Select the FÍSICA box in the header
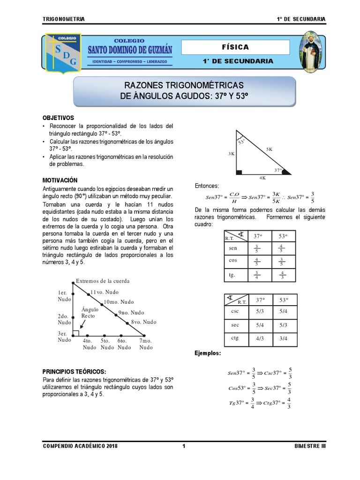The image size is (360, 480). tap(235, 47)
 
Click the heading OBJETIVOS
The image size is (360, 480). tap(58, 118)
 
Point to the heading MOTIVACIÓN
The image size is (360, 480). tap(60, 180)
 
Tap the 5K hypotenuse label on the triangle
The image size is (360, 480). tap(269, 149)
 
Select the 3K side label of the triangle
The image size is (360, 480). tap(232, 153)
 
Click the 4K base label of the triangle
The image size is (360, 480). tap(262, 178)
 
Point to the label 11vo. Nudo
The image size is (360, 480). tap(105, 292)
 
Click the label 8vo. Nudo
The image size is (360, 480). tap(144, 322)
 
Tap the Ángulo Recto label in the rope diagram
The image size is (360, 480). tap(90, 313)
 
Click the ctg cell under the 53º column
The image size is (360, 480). tap(283, 338)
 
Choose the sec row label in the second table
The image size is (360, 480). tap(235, 324)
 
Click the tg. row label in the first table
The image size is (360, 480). tap(232, 275)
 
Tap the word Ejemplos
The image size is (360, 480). tap(208, 352)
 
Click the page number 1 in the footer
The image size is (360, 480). tap(184, 446)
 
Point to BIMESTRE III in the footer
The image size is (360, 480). tap(310, 446)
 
